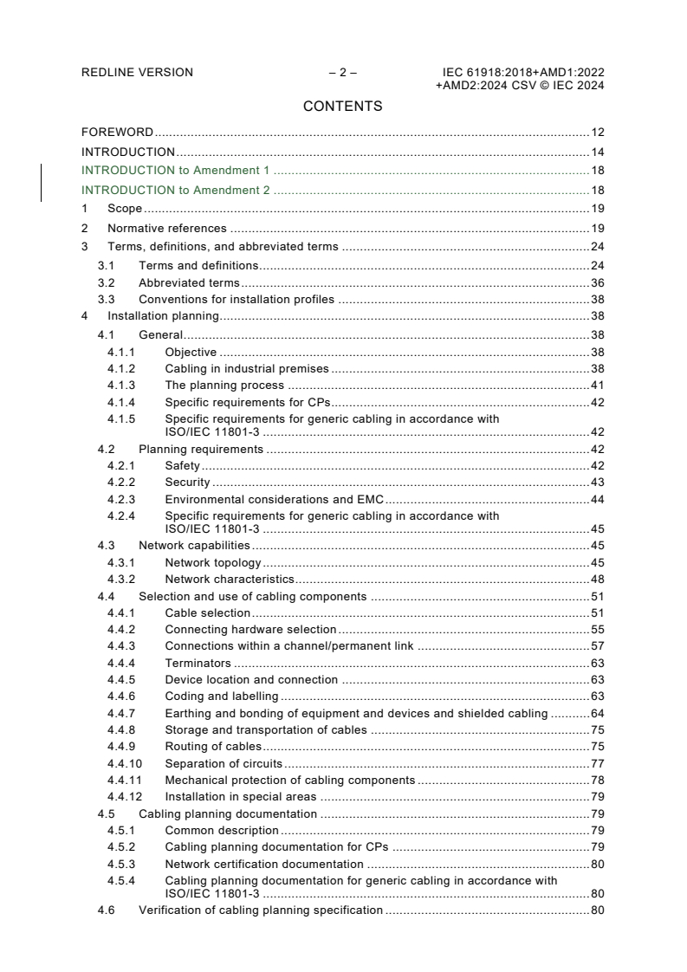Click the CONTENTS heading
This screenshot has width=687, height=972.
[342, 107]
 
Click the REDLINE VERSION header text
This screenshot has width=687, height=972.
[137, 73]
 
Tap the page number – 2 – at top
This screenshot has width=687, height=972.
[342, 73]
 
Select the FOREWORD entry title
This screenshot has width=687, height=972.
[117, 133]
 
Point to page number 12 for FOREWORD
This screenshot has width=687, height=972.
[597, 133]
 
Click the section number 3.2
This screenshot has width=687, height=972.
[106, 282]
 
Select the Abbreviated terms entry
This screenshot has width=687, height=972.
[189, 282]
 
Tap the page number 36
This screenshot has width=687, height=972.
[597, 282]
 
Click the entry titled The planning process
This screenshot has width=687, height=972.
[224, 385]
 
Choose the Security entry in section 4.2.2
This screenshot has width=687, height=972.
[187, 482]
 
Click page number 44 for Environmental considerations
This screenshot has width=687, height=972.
[597, 499]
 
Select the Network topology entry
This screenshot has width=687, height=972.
[212, 562]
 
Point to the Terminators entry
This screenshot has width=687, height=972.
[198, 663]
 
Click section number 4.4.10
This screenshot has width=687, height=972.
[125, 763]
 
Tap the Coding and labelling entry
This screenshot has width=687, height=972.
[221, 696]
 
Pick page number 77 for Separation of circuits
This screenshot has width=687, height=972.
[597, 763]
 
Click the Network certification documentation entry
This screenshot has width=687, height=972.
[264, 864]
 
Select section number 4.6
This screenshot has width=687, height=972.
[106, 910]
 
